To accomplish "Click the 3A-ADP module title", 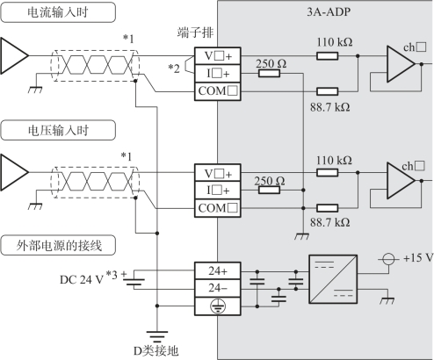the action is tap(329, 11).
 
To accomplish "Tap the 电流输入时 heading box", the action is tap(58, 12).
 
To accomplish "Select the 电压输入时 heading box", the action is tap(58, 130).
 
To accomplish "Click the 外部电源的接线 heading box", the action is tap(58, 245).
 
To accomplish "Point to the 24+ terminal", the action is tap(218, 270).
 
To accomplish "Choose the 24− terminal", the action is tap(218, 288).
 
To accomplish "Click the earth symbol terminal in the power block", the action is tap(218, 306).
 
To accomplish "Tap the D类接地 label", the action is tap(156, 350).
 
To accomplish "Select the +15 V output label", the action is tap(418, 258).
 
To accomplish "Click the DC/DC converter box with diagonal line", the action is tap(333, 279).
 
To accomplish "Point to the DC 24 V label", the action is tap(82, 280).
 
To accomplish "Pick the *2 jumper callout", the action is tap(174, 68).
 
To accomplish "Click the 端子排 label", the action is tap(195, 32).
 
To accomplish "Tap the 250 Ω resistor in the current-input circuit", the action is tap(269, 73).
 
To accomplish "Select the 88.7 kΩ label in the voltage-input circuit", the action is tap(330, 222).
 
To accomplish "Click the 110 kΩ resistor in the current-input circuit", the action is tap(327, 55).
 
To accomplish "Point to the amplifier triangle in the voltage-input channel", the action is tap(401, 181).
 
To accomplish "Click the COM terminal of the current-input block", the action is tap(218, 91).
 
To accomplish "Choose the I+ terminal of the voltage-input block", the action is tap(218, 191).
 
